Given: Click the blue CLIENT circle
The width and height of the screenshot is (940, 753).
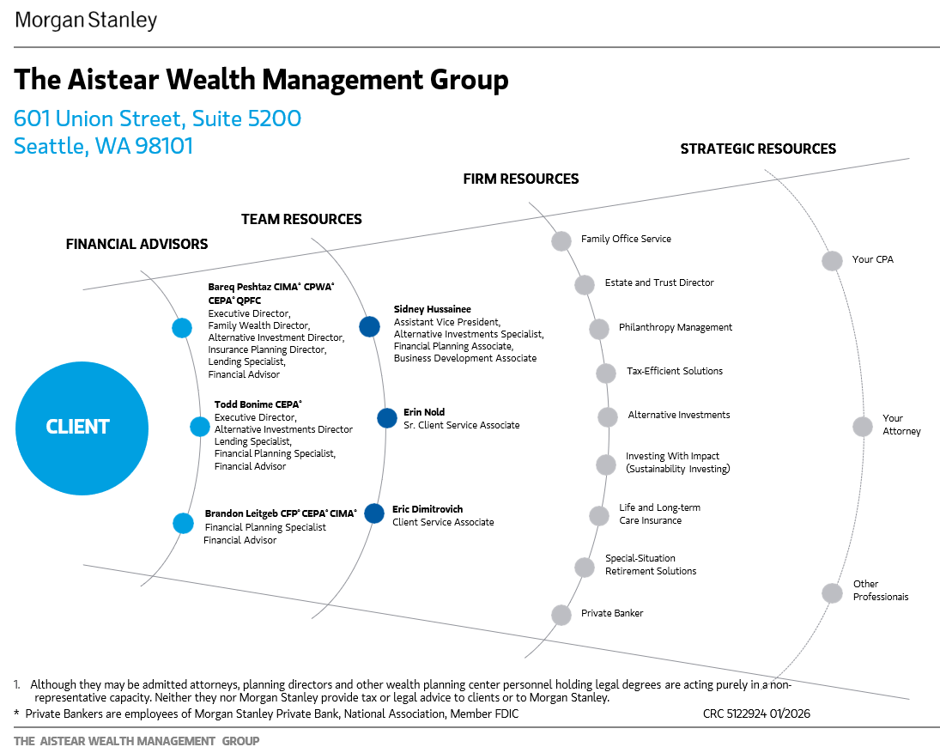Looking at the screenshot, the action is [82, 428].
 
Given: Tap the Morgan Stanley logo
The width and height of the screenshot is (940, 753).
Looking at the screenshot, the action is [86, 21].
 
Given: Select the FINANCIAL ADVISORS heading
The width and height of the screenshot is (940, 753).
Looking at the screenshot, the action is [136, 244].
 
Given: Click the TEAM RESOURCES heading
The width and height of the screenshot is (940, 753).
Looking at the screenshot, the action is [301, 220].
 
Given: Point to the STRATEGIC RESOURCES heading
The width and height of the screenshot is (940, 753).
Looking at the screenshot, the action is [758, 149].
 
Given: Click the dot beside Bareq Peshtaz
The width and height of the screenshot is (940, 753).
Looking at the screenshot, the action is [182, 328].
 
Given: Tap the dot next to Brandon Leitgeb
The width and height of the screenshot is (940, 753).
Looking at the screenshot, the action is [183, 523].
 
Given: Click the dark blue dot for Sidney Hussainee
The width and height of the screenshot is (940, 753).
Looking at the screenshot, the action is [369, 327].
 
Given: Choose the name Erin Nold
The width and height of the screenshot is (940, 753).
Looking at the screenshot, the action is [424, 412].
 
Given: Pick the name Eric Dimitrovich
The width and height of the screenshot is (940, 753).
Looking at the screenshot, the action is [428, 509].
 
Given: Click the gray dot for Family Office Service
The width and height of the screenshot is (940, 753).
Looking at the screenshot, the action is [561, 241].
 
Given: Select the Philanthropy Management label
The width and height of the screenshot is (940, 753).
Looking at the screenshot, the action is [676, 327].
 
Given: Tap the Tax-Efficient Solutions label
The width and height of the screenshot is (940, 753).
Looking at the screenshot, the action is [675, 371].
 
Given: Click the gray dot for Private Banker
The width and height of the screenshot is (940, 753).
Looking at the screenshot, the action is [561, 615].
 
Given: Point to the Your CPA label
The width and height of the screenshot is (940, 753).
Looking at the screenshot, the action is [873, 259].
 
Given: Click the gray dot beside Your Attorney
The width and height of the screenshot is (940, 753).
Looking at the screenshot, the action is [863, 427].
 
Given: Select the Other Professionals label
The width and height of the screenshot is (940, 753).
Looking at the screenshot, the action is [881, 591].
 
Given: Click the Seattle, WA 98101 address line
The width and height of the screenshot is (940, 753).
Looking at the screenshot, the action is [104, 146].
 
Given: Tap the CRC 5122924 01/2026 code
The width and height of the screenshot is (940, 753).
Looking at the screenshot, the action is [756, 714].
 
